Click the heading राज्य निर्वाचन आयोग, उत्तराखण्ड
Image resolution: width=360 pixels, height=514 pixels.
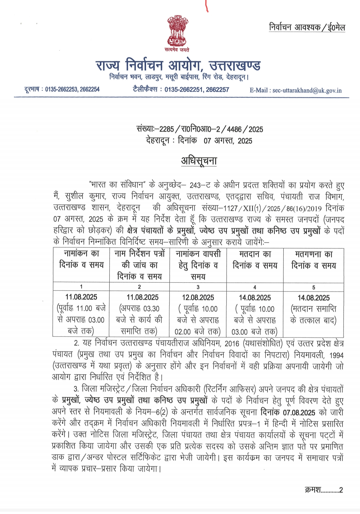(178, 65)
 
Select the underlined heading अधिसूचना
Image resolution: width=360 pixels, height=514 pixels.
(199, 161)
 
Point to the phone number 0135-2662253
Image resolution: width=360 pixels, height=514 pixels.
(61, 89)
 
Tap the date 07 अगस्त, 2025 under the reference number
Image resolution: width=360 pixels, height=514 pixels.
(228, 141)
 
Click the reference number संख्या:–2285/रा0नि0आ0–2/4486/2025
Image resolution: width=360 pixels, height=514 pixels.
(200, 129)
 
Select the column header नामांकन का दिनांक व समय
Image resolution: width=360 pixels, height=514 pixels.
(81, 259)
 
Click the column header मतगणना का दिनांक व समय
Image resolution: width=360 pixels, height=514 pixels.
(314, 260)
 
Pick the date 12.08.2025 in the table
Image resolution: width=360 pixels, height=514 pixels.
(198, 297)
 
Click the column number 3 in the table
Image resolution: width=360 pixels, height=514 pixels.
(198, 287)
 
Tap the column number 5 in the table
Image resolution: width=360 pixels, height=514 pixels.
(314, 287)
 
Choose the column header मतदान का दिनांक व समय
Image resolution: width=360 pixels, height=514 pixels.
(255, 260)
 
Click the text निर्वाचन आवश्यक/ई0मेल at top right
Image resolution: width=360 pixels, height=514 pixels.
(307, 27)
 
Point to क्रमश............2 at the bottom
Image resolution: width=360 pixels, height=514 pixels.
(324, 490)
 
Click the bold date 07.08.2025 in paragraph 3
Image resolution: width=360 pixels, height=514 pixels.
(299, 412)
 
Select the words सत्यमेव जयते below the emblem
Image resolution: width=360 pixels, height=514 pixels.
(177, 50)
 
